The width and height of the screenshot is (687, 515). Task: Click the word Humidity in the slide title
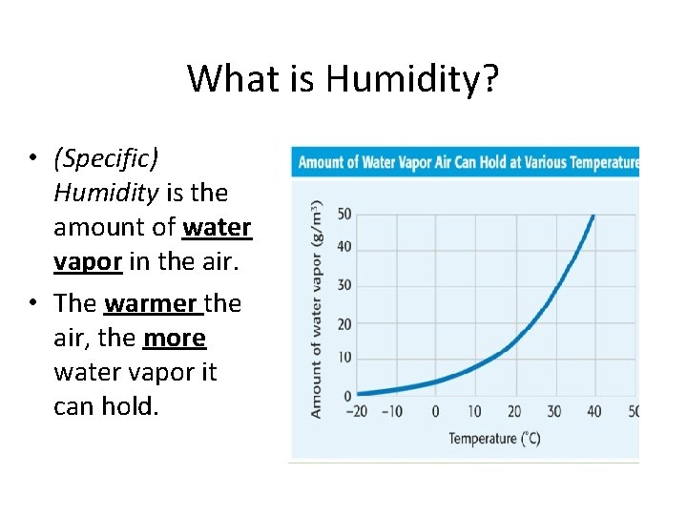pos(405,78)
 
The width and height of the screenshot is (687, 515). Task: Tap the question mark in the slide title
pos(490,78)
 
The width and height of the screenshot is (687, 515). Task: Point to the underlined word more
pos(174,339)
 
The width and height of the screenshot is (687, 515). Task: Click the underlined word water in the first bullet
pos(217,228)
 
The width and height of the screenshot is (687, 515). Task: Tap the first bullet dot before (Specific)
pos(31,158)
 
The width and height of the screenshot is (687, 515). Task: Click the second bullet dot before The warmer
pos(31,304)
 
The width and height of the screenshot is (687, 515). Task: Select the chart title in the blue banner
pos(468,162)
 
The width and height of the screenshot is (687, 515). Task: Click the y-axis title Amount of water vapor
pos(316,310)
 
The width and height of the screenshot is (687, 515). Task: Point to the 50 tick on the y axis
pos(343,214)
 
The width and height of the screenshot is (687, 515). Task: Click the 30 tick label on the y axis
pos(343,285)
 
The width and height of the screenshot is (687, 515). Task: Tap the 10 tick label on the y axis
pos(343,358)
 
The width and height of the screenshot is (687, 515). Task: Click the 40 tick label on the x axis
pos(594,412)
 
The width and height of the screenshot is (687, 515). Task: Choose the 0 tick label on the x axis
pos(435,412)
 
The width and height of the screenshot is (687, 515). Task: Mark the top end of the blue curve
pos(593,216)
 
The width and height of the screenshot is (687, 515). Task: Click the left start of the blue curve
pos(359,392)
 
